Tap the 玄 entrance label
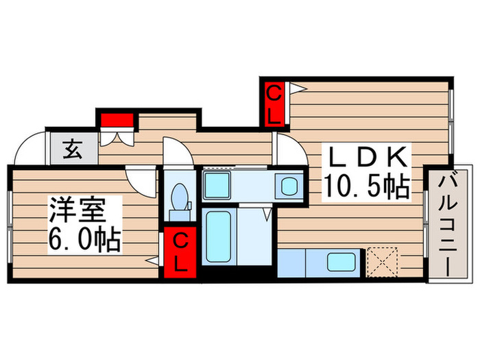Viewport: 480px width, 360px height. pyautogui.click(x=71, y=149)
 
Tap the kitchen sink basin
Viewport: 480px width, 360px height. pyautogui.click(x=340, y=262)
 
